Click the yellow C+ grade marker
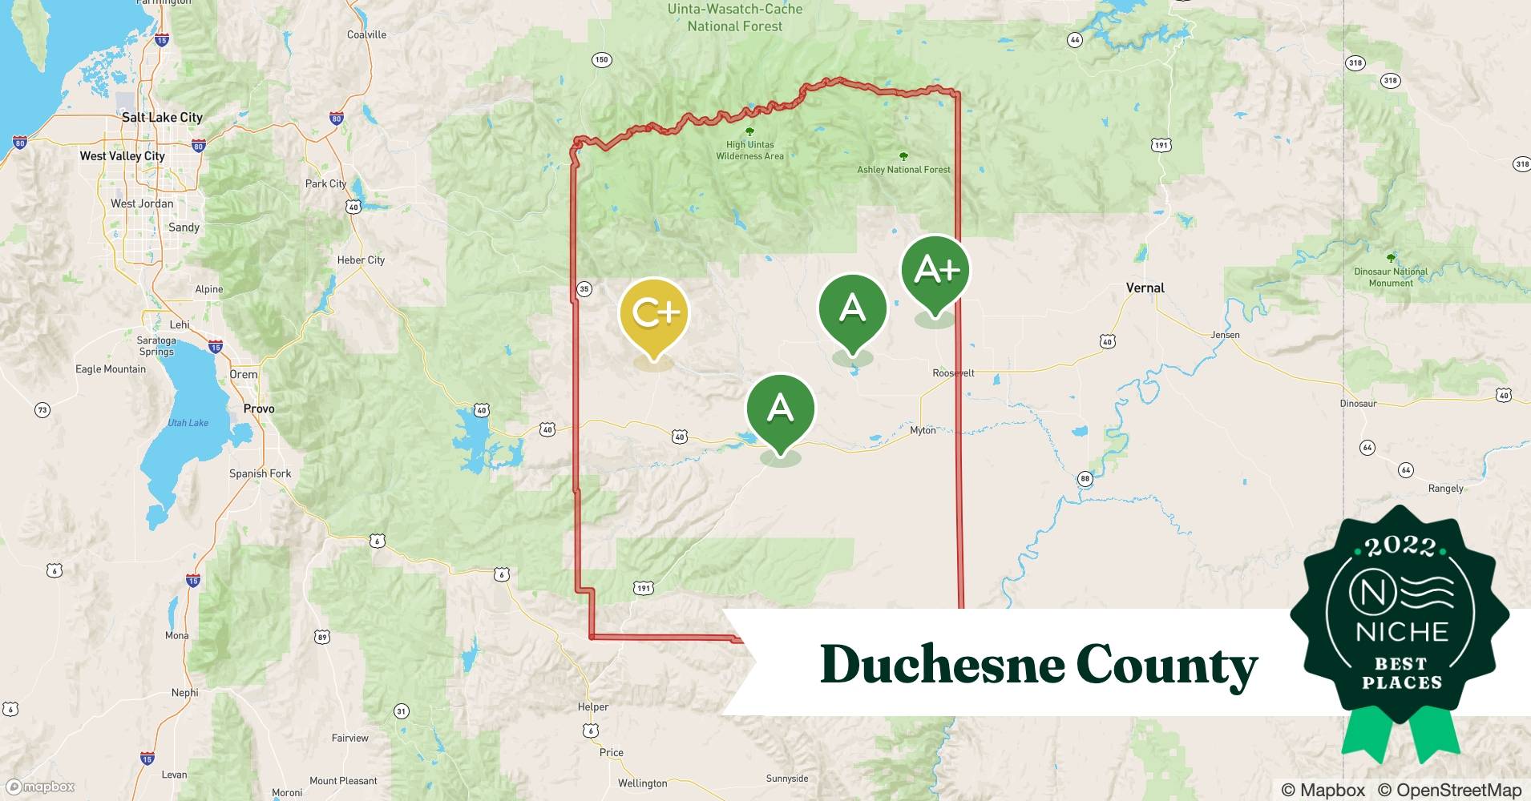654,314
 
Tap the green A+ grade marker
935,271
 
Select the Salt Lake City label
162,117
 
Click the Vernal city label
1145,288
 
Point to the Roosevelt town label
953,373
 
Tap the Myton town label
923,430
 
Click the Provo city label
259,409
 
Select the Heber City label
361,260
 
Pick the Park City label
325,183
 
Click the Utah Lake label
188,423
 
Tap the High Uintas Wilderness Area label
749,151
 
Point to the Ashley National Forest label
903,170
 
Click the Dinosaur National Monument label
1391,277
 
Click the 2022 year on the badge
1400,546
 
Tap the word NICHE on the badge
1401,632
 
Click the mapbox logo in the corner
41,787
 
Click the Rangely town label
1445,489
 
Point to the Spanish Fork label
260,473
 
